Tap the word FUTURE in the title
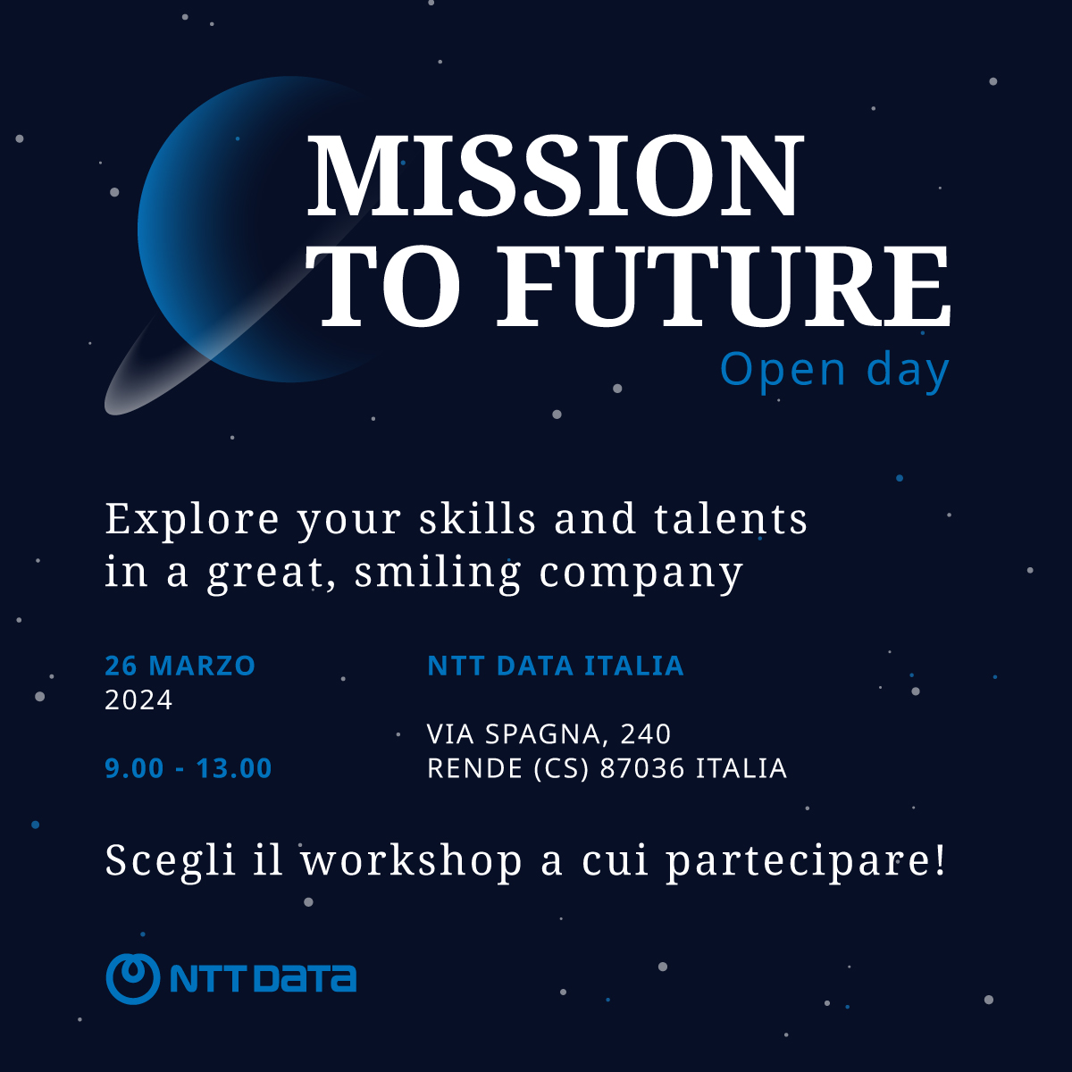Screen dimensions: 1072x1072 723,286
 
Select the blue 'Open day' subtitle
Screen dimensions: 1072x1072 834,370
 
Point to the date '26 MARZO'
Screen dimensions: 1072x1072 180,666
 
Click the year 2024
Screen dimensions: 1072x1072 138,700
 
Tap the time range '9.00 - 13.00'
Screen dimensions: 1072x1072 188,768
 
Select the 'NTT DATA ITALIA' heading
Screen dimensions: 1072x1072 555,666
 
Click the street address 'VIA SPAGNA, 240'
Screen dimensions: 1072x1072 549,734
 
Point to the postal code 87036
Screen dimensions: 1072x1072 642,768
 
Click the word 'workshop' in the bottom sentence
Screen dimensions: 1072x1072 412,861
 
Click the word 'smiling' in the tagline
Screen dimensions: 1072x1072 438,573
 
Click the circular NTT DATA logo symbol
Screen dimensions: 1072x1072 132,979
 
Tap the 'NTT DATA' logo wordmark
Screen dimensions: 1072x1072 263,979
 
